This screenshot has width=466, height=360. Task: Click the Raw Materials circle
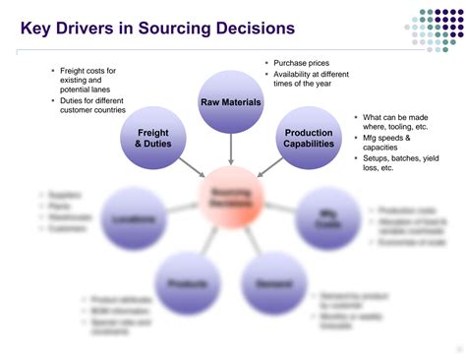[230, 101]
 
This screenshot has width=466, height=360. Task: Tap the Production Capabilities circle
[309, 139]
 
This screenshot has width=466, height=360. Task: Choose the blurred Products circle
[184, 283]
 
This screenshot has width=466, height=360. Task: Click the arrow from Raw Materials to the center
[230, 150]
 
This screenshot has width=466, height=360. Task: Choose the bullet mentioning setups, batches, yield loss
[398, 164]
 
